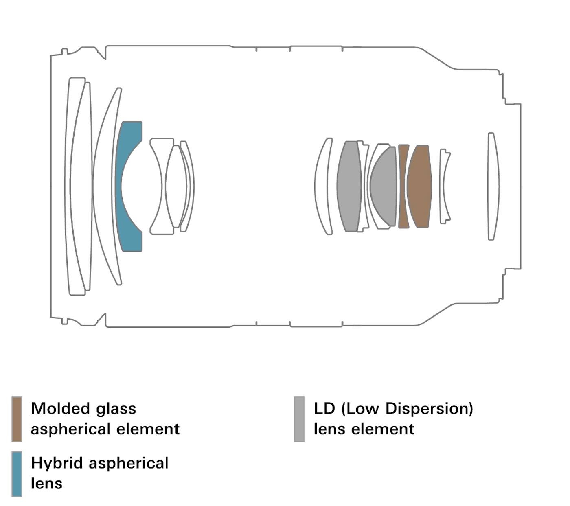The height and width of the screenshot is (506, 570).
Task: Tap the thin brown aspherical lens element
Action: point(403,186)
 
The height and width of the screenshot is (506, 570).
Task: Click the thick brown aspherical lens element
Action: point(419,186)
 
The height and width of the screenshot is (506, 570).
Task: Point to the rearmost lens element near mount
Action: point(493,186)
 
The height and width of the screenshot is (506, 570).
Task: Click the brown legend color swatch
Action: point(17,419)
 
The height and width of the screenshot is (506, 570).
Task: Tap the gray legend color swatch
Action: point(299,419)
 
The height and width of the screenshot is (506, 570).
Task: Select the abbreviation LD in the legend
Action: point(324,408)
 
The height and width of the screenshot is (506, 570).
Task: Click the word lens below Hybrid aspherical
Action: point(46,483)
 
